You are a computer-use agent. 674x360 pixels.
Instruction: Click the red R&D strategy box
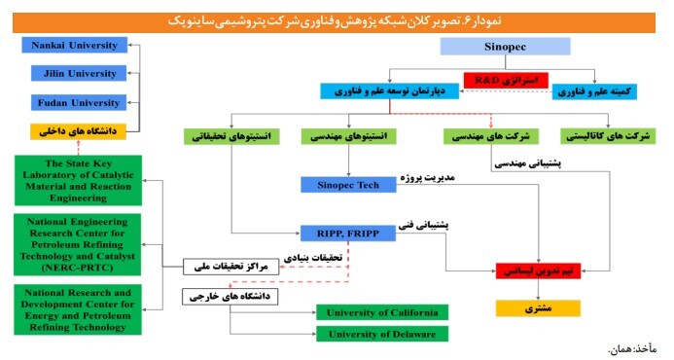[506, 80]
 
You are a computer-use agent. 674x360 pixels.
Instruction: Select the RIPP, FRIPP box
[347, 234]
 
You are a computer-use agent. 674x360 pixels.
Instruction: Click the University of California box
[382, 312]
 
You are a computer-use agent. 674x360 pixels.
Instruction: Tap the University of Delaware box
[382, 334]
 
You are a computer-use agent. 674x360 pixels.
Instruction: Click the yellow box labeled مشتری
[538, 308]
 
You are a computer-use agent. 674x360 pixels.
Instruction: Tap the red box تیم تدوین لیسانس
[538, 271]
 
